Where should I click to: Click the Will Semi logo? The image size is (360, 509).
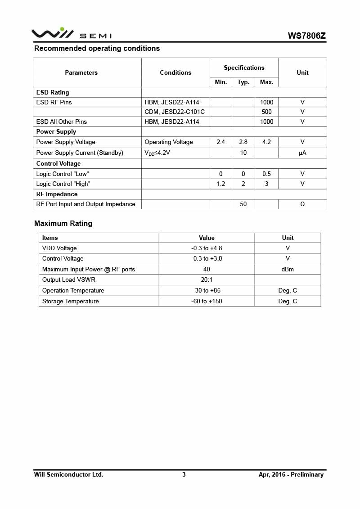[x=71, y=34]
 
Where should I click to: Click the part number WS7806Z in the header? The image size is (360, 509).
[x=307, y=36]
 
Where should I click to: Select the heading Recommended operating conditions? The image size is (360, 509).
[x=97, y=48]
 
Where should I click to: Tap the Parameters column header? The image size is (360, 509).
[x=81, y=72]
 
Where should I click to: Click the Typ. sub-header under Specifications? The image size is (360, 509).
[x=243, y=82]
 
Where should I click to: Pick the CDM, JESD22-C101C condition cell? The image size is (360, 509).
[x=175, y=112]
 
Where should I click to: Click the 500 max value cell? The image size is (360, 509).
[x=266, y=112]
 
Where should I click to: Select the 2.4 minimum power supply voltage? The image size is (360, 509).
[x=220, y=142]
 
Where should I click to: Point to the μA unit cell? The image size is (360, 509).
[x=302, y=153]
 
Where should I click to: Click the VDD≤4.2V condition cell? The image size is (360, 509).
[x=157, y=153]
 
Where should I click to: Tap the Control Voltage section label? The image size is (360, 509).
[x=58, y=163]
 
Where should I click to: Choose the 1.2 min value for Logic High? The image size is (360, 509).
[x=220, y=184]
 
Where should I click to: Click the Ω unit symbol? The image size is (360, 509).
[x=302, y=204]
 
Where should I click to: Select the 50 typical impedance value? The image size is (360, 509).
[x=243, y=204]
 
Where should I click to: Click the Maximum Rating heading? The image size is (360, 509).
[x=63, y=223]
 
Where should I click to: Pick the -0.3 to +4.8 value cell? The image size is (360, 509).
[x=207, y=248]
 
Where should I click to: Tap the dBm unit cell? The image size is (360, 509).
[x=288, y=269]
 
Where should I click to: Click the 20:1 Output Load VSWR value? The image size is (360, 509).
[x=207, y=279]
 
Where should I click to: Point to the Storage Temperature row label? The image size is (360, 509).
[x=70, y=301]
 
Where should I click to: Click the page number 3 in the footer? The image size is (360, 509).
[x=184, y=474]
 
